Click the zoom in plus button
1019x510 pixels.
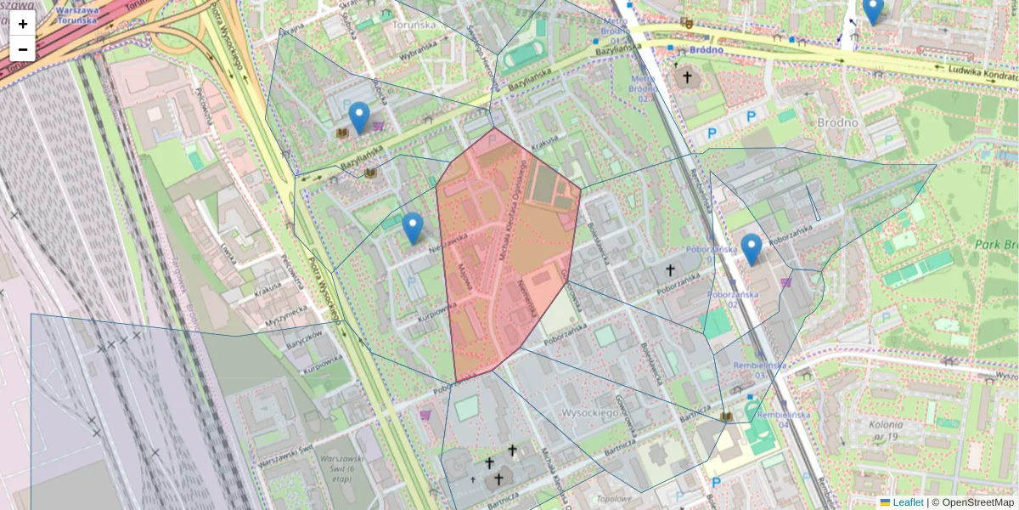(23, 24)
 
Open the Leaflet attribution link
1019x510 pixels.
(907, 502)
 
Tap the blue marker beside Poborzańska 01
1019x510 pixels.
(751, 248)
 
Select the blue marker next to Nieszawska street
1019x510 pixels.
(413, 228)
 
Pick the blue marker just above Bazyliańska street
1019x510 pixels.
(359, 117)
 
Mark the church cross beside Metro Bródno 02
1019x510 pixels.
(687, 78)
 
